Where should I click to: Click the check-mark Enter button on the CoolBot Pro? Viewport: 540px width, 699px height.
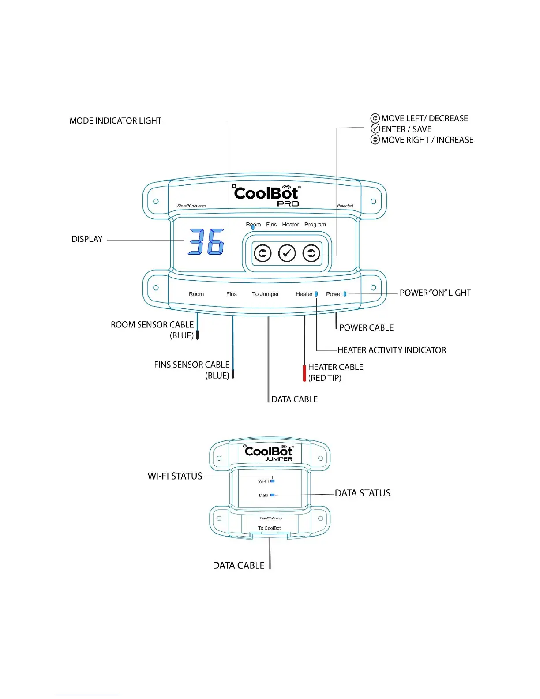(287, 253)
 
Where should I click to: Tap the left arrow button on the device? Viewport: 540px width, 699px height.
(262, 253)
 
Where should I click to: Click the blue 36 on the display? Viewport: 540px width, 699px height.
(206, 242)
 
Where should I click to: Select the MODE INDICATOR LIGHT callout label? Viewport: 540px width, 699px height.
(116, 121)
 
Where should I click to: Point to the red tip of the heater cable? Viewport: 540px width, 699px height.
(304, 373)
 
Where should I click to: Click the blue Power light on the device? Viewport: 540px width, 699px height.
(345, 294)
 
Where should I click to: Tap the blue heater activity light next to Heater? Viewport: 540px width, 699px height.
(316, 294)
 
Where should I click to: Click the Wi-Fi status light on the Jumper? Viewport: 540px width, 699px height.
(272, 481)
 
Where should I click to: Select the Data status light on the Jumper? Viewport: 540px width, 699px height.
(272, 495)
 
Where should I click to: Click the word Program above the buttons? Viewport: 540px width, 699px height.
(315, 225)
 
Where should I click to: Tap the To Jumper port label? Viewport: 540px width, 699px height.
(265, 294)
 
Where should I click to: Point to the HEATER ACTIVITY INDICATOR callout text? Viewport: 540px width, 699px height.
(391, 350)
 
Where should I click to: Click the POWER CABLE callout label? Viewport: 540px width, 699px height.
(366, 328)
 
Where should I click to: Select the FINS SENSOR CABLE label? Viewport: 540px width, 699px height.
(191, 365)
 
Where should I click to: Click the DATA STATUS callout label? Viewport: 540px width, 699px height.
(362, 493)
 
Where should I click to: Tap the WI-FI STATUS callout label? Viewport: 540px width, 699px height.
(175, 476)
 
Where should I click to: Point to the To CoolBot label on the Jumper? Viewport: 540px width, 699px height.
(269, 528)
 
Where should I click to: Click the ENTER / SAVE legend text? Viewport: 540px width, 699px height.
(406, 129)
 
